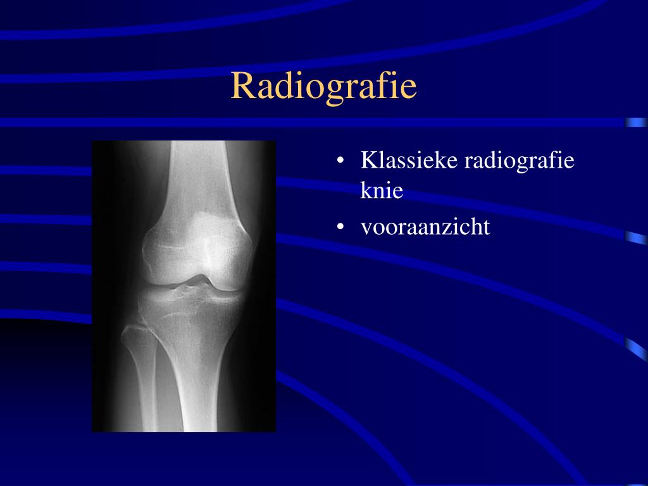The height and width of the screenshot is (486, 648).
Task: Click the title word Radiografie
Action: point(323,87)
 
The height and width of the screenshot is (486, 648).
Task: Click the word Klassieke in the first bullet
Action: point(409,160)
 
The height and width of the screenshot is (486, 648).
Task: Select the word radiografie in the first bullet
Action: point(520,161)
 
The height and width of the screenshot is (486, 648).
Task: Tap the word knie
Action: point(382,190)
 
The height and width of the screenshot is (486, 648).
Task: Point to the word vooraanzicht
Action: point(425,227)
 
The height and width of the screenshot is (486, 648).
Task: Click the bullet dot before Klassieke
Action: point(340,160)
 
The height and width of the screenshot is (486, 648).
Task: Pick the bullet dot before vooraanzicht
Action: point(340,227)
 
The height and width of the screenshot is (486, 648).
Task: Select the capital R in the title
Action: point(242,86)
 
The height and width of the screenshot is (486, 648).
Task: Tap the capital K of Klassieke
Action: point(368,159)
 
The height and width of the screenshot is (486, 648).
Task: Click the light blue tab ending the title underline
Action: point(636,123)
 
